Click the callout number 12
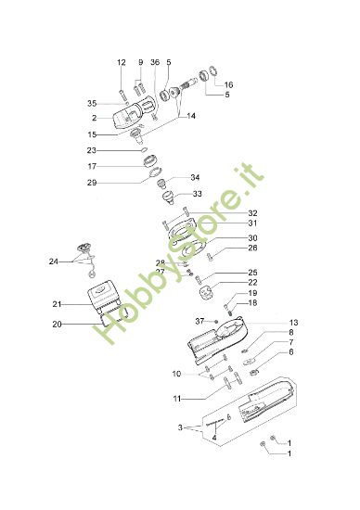click(121, 62)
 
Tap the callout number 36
click(154, 62)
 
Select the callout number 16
click(228, 84)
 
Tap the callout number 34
click(195, 177)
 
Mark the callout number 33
click(197, 194)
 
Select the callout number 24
click(53, 262)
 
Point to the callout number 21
click(57, 304)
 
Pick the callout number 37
click(199, 321)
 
